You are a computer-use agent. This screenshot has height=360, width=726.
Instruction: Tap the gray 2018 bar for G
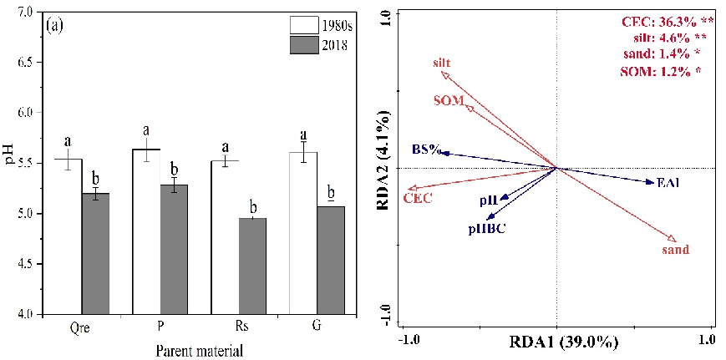pos(331,260)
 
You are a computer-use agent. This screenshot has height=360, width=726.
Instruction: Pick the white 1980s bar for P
pos(147,231)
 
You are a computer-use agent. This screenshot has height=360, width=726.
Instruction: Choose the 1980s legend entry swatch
pos(304,24)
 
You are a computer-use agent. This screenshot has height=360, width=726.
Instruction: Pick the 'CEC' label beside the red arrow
pos(418,199)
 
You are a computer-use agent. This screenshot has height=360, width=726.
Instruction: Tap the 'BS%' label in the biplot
pos(425,150)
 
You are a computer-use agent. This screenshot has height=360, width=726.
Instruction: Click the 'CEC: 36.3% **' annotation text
pos(659,20)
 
